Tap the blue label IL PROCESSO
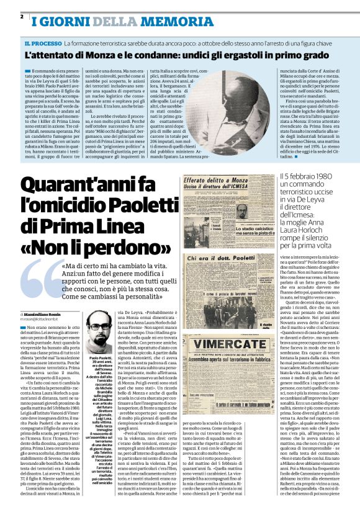[x=43, y=43]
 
